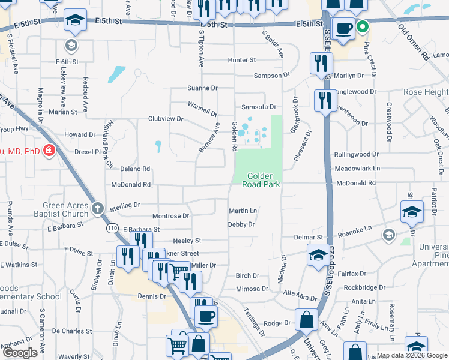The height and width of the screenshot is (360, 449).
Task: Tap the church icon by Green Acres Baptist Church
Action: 99,210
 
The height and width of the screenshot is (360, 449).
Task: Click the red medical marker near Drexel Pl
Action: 49,150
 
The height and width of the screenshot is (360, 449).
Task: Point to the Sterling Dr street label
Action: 124,205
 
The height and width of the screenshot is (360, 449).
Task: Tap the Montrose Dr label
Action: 171,215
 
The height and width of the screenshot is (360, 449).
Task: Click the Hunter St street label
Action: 242,60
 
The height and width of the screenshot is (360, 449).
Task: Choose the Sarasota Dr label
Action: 259,106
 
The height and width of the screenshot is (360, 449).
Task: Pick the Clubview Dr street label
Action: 166,119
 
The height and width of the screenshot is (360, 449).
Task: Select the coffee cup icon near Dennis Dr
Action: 206,316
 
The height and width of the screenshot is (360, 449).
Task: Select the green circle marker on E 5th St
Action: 362,26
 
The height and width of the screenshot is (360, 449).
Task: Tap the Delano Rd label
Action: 135,169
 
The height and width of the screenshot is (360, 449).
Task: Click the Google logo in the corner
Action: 20,353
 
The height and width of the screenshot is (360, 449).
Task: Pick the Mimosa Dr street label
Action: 252,289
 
